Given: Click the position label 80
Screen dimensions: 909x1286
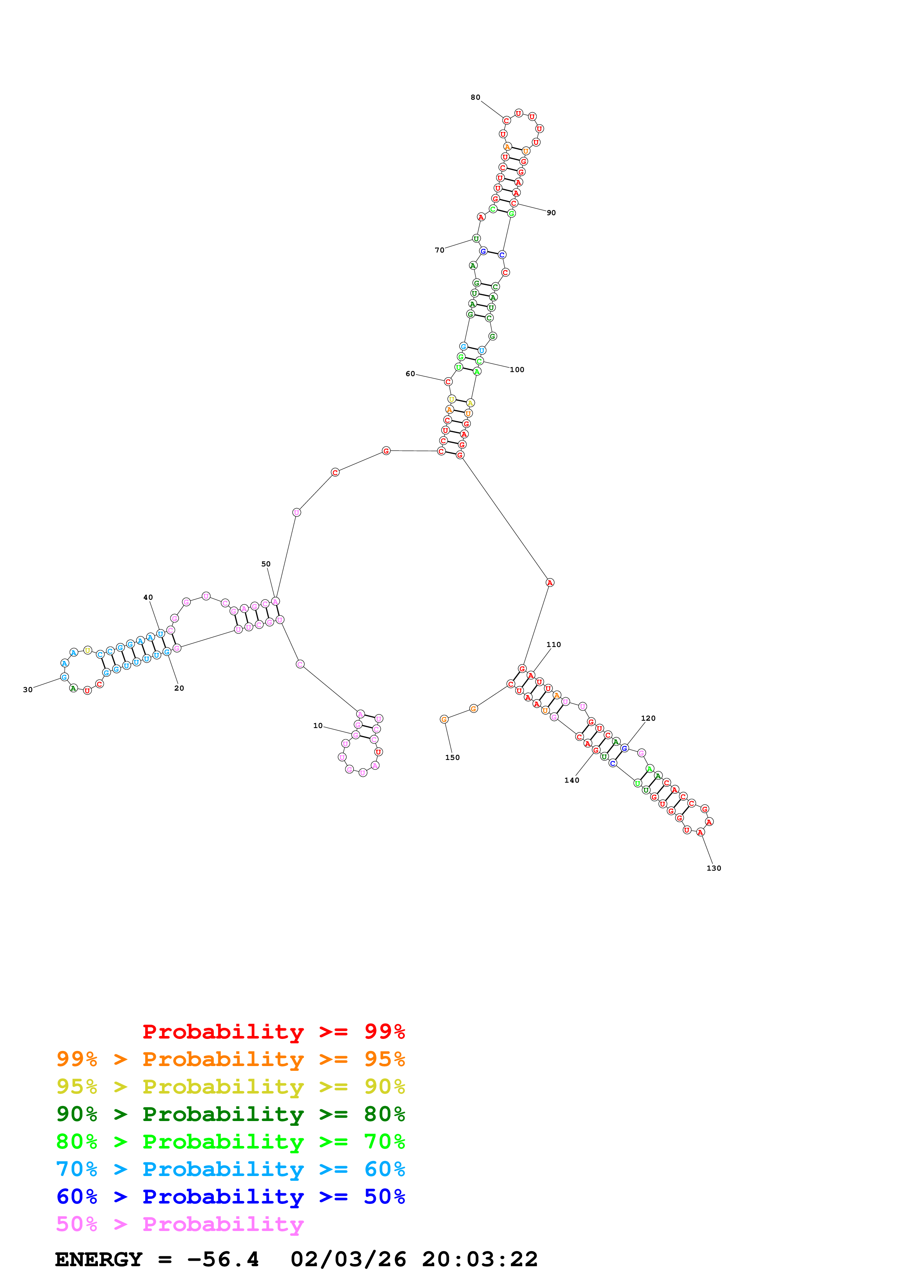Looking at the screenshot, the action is click(475, 98).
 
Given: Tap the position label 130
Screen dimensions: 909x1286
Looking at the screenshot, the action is click(714, 868).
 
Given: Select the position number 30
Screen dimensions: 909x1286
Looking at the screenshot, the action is click(28, 690).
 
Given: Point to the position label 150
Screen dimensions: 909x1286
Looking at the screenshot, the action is click(452, 757).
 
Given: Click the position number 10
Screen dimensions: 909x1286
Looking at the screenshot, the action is click(318, 725).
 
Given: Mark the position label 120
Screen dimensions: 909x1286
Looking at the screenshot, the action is click(648, 718).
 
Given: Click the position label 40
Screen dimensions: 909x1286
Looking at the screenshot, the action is click(148, 598).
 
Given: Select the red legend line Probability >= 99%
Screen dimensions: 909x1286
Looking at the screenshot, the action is click(273, 1032).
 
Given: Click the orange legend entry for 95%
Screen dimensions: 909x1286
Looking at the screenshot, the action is click(230, 1059).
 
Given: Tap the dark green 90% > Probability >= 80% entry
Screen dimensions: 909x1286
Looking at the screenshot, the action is click(230, 1114).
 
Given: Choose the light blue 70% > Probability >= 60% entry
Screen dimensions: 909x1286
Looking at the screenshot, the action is click(230, 1169).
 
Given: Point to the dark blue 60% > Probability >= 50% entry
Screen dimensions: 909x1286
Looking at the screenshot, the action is click(230, 1197).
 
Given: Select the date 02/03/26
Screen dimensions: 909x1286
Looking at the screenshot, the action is click(348, 1260).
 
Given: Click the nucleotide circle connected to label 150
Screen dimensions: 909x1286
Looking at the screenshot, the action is click(444, 719).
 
